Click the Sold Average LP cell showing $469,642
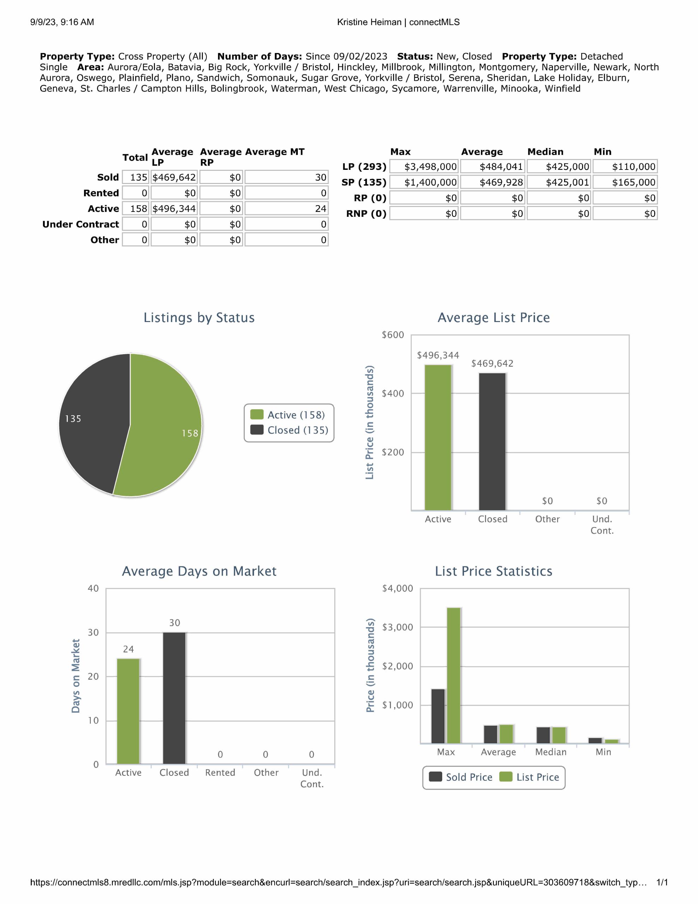point(174,178)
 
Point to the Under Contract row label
point(81,224)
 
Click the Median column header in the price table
point(545,152)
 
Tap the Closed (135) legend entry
point(290,430)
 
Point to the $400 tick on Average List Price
point(393,394)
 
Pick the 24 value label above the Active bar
point(128,649)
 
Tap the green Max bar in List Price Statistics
point(453,675)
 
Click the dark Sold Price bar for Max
point(438,716)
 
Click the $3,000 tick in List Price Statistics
point(397,628)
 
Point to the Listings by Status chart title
point(199,317)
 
